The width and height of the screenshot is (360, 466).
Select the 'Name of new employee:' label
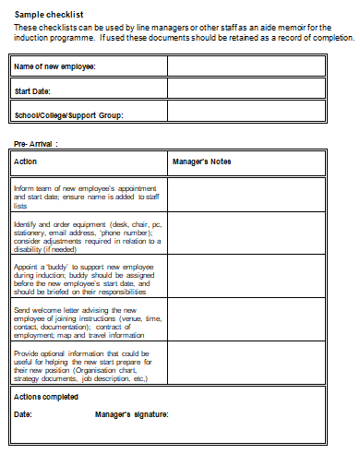coord(54,67)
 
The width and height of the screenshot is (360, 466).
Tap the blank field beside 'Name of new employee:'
coord(246,66)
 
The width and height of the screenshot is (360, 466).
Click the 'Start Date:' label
coord(33,91)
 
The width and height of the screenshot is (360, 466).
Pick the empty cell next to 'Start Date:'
coord(246,90)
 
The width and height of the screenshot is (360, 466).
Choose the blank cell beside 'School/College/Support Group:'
coord(246,114)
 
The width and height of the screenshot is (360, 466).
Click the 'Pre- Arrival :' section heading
coord(36,144)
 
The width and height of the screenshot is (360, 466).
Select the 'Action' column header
coord(26,161)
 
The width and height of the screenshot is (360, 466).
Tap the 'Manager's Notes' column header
coord(201,161)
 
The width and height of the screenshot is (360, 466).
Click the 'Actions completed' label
coord(46,397)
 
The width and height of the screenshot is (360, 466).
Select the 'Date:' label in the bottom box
coord(23,414)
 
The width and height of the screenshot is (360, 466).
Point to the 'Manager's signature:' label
coord(132,414)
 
